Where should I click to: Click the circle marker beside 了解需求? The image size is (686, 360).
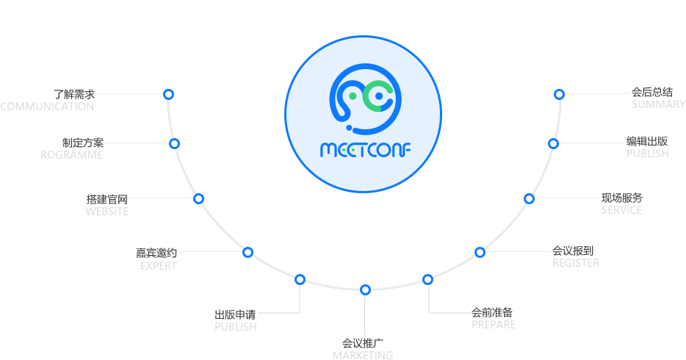[x=168, y=94]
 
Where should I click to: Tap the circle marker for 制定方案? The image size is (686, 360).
[x=174, y=143]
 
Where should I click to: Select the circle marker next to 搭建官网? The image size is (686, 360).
[x=198, y=198]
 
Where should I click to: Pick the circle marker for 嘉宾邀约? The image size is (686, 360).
[x=248, y=253]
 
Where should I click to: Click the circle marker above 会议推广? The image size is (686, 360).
[x=365, y=289]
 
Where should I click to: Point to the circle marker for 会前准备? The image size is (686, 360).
[x=428, y=279]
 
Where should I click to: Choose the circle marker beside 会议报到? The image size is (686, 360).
[x=480, y=253]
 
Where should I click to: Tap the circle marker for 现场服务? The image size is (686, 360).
[x=529, y=199]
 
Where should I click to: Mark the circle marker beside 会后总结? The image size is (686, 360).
[x=559, y=94]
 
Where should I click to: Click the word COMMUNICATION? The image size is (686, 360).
[x=47, y=107]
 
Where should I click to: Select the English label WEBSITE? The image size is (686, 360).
[x=107, y=212]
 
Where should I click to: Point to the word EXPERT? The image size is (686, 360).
[x=159, y=266]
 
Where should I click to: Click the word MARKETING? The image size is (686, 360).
[x=363, y=355]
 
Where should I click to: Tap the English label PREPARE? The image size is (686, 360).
[x=494, y=325]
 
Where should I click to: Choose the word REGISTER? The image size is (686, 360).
[x=576, y=263]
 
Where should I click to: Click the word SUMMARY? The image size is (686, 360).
[x=658, y=104]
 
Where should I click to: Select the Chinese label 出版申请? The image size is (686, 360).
[x=235, y=314]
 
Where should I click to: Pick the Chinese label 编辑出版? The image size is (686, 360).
[x=647, y=141]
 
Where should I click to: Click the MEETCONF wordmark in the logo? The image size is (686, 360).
[x=365, y=150]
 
